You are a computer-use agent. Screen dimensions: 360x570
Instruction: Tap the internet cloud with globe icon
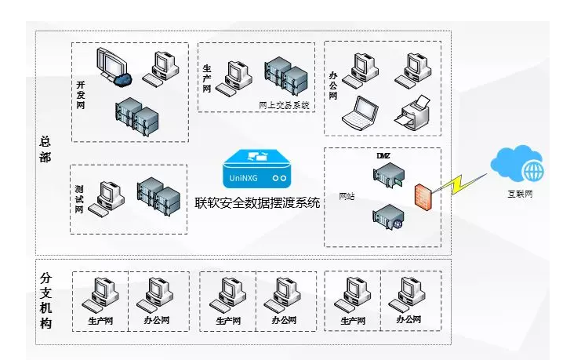pyautogui.click(x=517, y=165)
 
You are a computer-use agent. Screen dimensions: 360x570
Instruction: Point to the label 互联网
pyautogui.click(x=518, y=193)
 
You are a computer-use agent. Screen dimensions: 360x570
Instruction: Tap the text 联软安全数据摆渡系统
pyautogui.click(x=258, y=202)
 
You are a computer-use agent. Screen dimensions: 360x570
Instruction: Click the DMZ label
pyautogui.click(x=383, y=155)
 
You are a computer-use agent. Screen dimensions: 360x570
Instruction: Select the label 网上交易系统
pyautogui.click(x=284, y=104)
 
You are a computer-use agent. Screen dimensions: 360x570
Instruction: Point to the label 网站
pyautogui.click(x=346, y=196)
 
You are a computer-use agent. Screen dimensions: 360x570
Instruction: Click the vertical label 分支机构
pyautogui.click(x=45, y=300)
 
